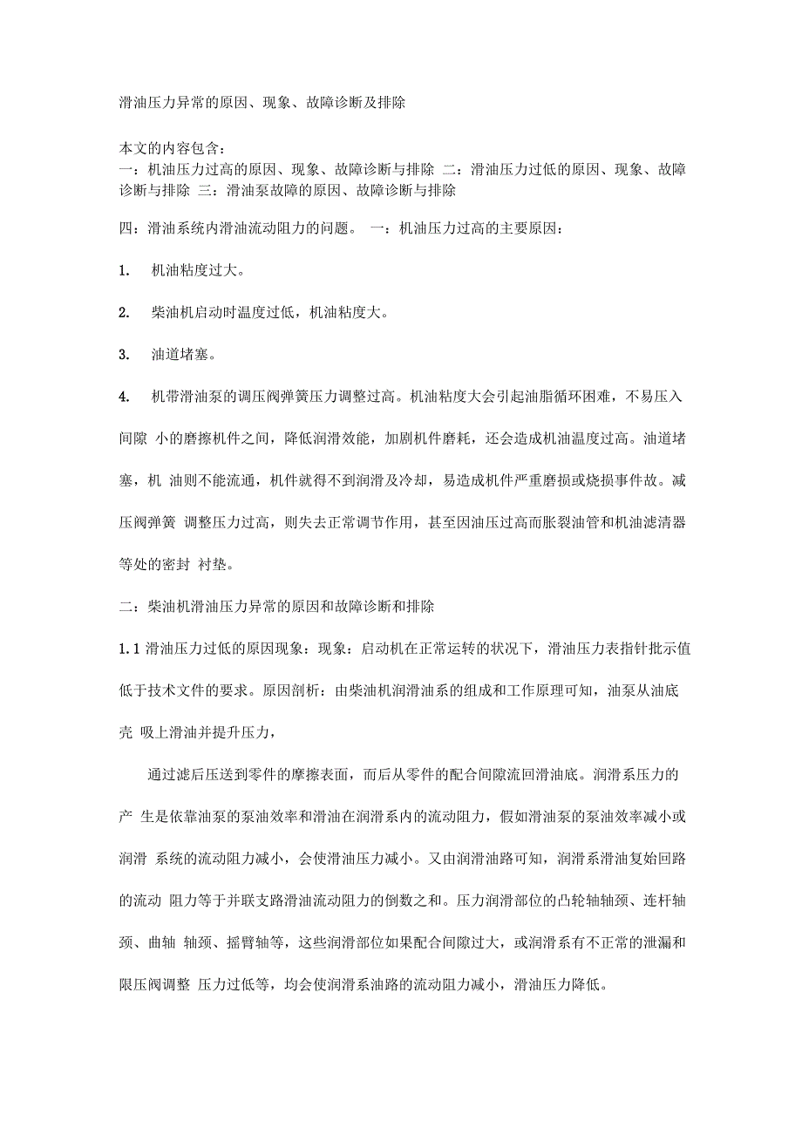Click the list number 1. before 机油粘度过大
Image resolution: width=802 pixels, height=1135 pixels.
tap(125, 271)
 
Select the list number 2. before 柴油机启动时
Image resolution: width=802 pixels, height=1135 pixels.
tap(125, 313)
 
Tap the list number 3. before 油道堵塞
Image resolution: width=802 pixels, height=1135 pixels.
tap(125, 355)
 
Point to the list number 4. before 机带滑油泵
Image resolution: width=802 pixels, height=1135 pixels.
tap(125, 397)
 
